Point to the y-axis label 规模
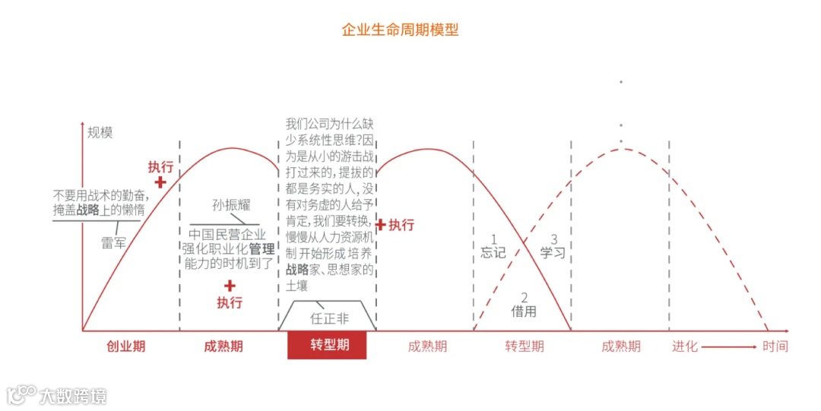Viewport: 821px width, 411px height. click(100, 132)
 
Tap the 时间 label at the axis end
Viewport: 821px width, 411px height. click(775, 346)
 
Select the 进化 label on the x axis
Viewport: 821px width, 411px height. click(684, 346)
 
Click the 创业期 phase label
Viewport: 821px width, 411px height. click(125, 346)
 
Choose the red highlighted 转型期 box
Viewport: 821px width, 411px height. click(327, 345)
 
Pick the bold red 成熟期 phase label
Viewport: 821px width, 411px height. click(223, 346)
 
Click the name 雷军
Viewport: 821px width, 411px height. click(114, 243)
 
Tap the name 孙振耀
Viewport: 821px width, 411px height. click(231, 205)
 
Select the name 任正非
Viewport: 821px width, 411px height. click(329, 318)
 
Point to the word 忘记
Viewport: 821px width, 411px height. click(493, 252)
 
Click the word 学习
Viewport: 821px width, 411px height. click(553, 252)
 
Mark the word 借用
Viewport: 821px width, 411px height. click(524, 311)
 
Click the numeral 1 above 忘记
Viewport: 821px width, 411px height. click(493, 239)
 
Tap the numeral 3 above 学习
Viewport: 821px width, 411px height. click(554, 239)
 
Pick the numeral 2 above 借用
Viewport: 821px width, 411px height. click(524, 297)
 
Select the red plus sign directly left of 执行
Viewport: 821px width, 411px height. click(381, 225)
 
